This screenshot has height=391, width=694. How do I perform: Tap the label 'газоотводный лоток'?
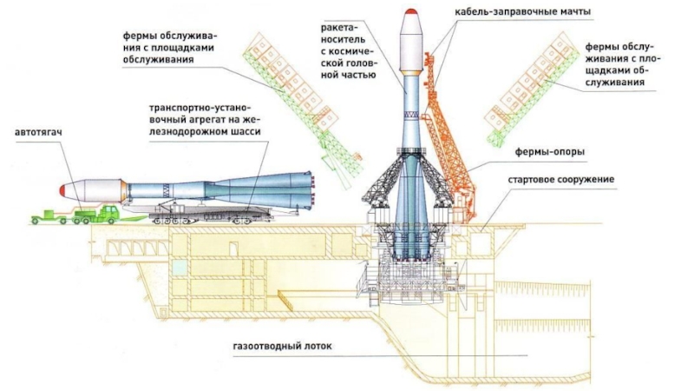tap(282, 347)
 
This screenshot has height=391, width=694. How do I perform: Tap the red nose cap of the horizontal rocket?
tap(62, 189)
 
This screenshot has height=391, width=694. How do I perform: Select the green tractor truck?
tap(96, 213)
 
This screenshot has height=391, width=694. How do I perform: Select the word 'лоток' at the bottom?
tap(316, 347)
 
